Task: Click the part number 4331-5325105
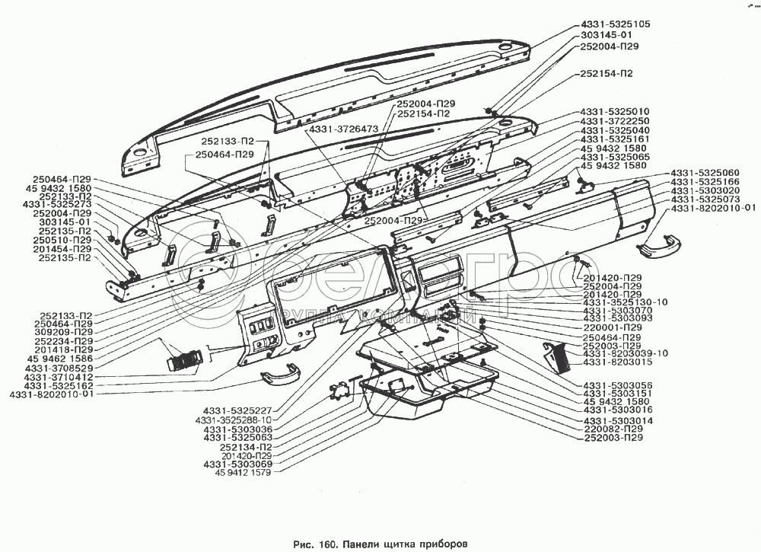(x=615, y=24)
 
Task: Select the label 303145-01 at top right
(x=607, y=35)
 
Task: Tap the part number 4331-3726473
(x=343, y=129)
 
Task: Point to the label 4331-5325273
(x=57, y=205)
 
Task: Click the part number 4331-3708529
(x=59, y=369)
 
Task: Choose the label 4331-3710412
(x=59, y=377)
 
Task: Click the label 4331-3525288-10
(x=233, y=420)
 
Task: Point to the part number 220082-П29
(x=613, y=429)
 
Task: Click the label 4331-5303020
(x=705, y=191)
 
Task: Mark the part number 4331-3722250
(x=615, y=121)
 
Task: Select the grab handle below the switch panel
(x=281, y=375)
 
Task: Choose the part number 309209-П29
(x=64, y=332)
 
